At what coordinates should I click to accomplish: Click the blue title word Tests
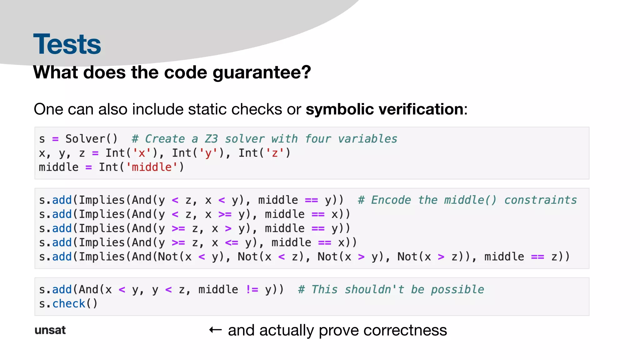tap(67, 44)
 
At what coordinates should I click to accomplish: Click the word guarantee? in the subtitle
tap(262, 73)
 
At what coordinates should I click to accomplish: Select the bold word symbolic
tap(339, 109)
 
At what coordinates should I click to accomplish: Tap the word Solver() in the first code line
tap(91, 139)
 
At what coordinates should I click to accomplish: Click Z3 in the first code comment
tap(211, 139)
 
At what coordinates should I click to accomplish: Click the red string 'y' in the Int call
tap(208, 153)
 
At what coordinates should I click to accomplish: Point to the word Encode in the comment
tap(391, 200)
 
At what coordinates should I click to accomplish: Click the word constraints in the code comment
tap(540, 200)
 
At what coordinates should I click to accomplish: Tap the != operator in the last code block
tap(252, 290)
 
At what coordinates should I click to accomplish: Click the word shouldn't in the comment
tap(374, 290)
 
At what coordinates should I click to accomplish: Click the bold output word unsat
tap(50, 330)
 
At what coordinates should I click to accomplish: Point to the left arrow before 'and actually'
tap(215, 330)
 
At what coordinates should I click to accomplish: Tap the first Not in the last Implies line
tap(168, 257)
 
